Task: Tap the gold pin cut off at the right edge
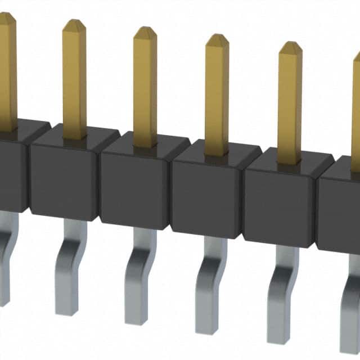point(356,112)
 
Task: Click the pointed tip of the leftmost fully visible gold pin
point(74,25)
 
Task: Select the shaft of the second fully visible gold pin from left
point(145,90)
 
